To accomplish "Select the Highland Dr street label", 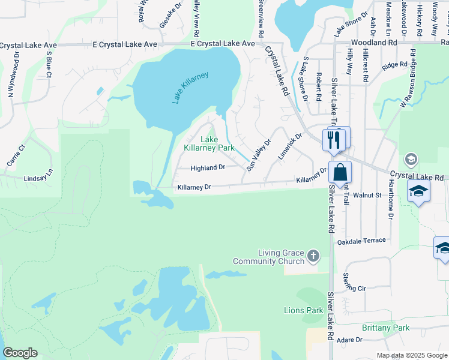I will (208, 168).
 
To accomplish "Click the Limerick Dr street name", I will (289, 146).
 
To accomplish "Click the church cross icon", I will (313, 257).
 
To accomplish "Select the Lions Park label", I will (303, 310).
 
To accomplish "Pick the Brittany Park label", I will (385, 328).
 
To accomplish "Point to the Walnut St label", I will (367, 195).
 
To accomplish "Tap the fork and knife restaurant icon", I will (332, 140).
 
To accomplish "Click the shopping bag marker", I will (340, 173).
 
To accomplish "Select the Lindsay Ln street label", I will (38, 178).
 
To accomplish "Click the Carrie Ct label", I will (14, 155).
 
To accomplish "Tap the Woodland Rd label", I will (375, 43).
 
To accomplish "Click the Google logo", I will (20, 353).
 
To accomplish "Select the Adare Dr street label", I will (349, 340).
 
